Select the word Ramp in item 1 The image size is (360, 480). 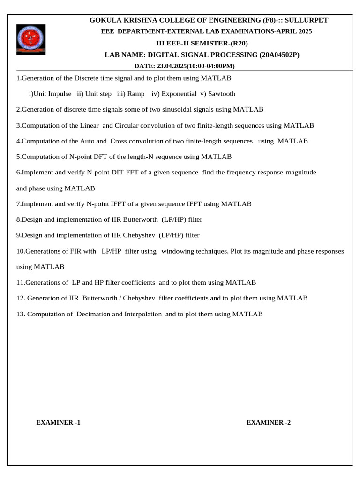point(136,94)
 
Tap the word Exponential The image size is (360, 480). point(179,94)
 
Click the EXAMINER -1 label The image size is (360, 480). point(59,422)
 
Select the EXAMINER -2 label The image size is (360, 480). point(269,422)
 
